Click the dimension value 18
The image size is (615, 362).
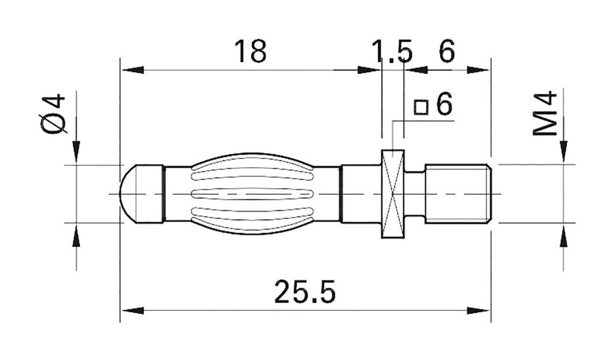(x=250, y=52)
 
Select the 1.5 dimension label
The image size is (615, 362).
(x=392, y=52)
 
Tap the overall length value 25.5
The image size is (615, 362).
(x=304, y=292)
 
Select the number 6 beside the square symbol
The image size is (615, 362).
(x=443, y=105)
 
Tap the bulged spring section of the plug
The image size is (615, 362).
(x=252, y=193)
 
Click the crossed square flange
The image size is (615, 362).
(x=393, y=193)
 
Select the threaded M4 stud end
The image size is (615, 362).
(x=458, y=193)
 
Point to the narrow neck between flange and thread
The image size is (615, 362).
(x=415, y=193)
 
